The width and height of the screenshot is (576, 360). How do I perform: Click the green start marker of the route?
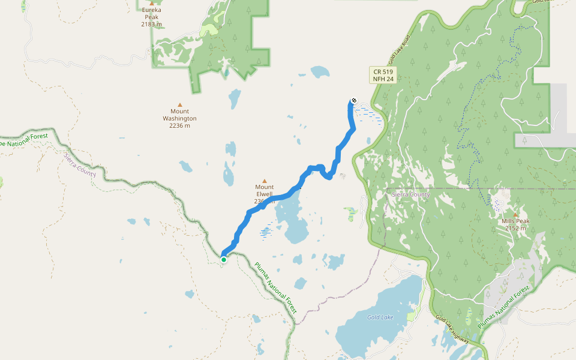pos(224,259)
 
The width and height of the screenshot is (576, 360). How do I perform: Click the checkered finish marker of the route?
pos(354,100)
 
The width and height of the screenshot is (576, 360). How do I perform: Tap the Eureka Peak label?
pos(151,14)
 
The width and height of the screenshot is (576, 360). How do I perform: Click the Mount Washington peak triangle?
pos(179,104)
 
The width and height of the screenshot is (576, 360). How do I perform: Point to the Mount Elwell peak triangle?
pos(264,180)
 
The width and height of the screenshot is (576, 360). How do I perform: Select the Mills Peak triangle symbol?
pos(515,214)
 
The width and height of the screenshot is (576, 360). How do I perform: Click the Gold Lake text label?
pos(380,317)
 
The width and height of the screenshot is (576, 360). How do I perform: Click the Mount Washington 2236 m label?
pos(179,118)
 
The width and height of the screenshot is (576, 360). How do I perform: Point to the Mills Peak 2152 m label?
pos(515,224)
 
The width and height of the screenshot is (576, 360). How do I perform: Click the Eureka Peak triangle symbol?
pos(152,3)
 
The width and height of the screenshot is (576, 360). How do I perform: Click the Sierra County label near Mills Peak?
pos(410,195)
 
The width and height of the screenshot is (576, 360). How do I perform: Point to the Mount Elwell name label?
pos(264,191)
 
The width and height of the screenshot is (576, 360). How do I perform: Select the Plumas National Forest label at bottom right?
pos(504,307)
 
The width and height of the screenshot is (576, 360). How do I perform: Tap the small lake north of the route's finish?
pos(320,73)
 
